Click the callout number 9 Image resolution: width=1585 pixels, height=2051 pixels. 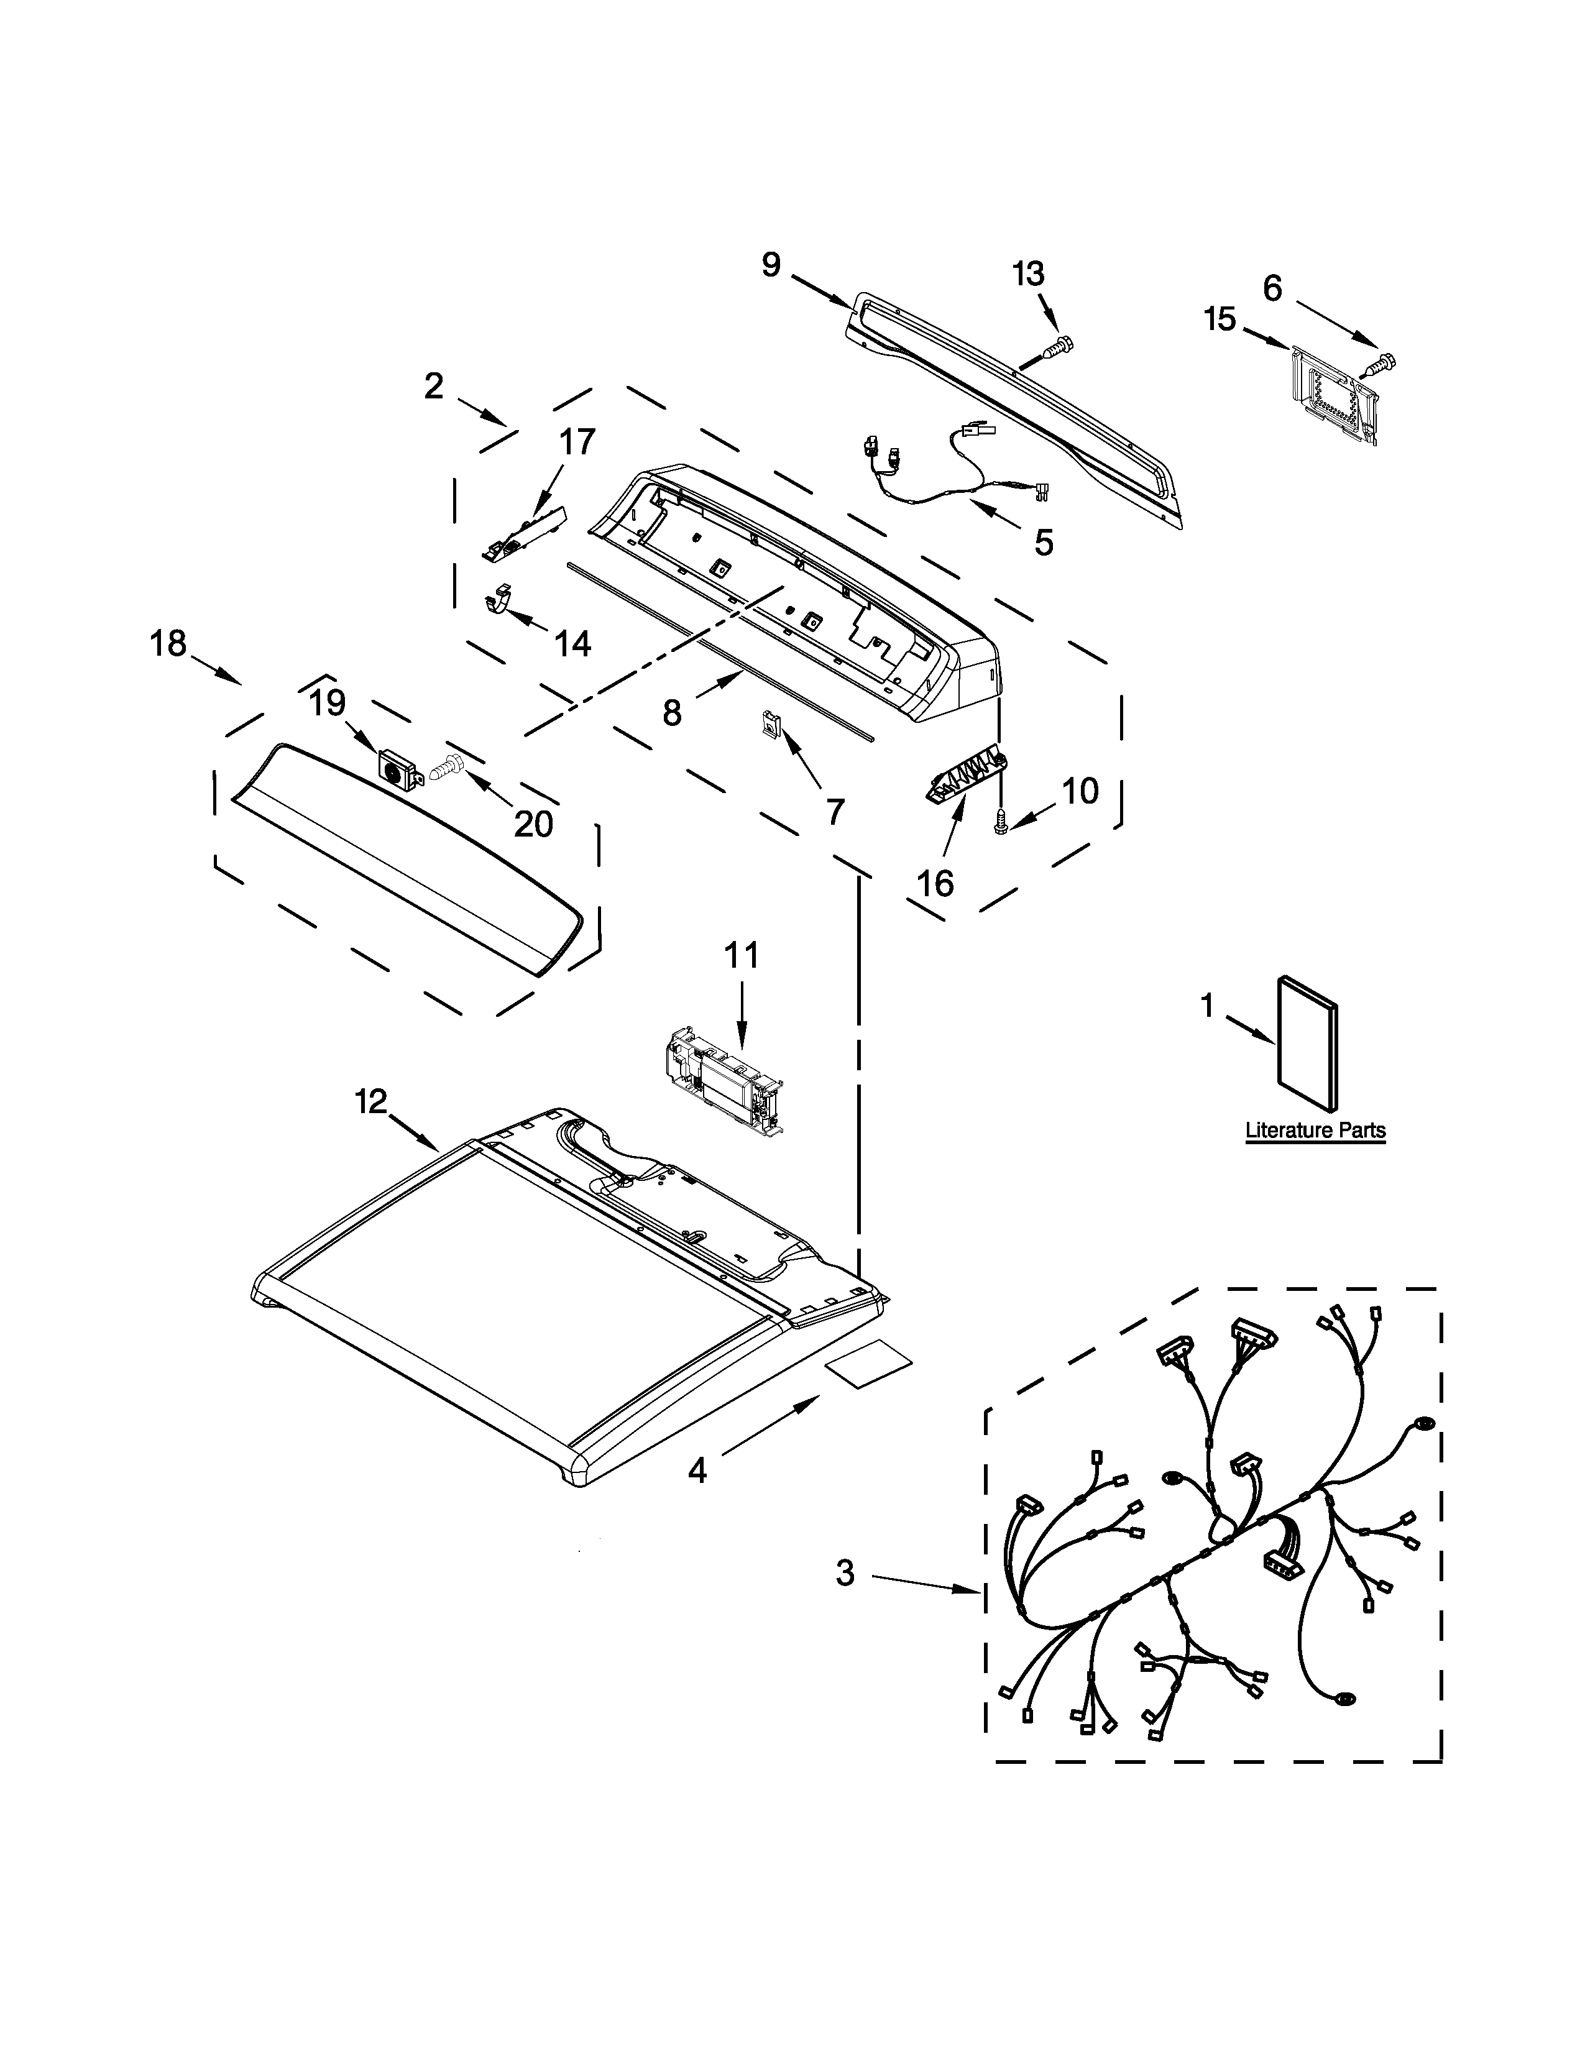pos(770,266)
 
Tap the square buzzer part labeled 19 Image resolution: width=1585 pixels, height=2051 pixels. pos(398,770)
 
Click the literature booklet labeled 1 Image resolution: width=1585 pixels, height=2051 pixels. pos(1307,1046)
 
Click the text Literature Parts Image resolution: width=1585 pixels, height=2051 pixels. pos(1315,1131)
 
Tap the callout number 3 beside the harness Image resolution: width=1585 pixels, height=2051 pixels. pos(845,1573)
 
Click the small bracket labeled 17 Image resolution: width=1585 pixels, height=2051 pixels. pos(526,531)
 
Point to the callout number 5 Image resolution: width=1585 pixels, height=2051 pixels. pos(1043,542)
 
